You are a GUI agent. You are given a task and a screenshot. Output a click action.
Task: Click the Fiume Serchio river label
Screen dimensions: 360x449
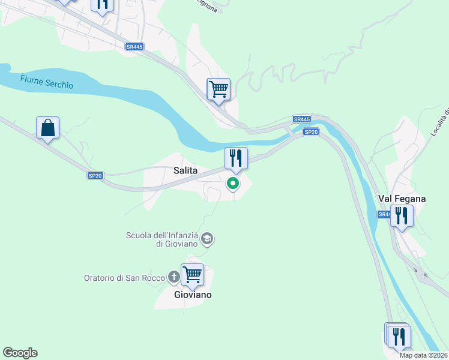coord(46,82)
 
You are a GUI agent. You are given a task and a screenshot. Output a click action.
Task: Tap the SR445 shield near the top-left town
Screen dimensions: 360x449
coord(134,46)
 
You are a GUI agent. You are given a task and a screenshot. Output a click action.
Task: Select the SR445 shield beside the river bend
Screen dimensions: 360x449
coord(301,119)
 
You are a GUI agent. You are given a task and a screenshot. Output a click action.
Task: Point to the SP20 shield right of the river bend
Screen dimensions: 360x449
coord(310,132)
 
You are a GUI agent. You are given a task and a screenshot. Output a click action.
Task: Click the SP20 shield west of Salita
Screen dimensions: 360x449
coord(95,176)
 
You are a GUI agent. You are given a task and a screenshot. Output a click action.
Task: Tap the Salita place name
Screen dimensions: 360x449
coord(185,170)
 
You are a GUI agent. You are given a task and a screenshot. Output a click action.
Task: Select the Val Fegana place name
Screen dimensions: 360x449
coord(402,199)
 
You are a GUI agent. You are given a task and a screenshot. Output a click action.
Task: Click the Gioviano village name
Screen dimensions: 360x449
coord(193,295)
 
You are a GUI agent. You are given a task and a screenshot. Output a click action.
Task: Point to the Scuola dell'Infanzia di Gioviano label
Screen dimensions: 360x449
coord(162,239)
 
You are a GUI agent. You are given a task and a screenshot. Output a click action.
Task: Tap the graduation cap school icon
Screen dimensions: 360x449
coord(207,239)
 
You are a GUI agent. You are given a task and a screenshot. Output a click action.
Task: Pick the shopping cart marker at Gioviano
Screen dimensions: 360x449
coord(192,275)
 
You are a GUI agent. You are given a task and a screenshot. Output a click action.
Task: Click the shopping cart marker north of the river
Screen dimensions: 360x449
coord(218,89)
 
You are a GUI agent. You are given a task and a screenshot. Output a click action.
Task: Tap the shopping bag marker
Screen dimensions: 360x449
coord(47,128)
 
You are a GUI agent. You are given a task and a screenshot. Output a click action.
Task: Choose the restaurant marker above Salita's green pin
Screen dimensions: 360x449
coord(236,158)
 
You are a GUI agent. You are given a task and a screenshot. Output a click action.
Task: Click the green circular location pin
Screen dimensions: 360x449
coord(234,184)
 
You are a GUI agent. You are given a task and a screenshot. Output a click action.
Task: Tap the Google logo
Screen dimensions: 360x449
coord(20,353)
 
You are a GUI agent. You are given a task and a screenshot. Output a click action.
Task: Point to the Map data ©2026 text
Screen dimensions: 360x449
coord(423,355)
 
